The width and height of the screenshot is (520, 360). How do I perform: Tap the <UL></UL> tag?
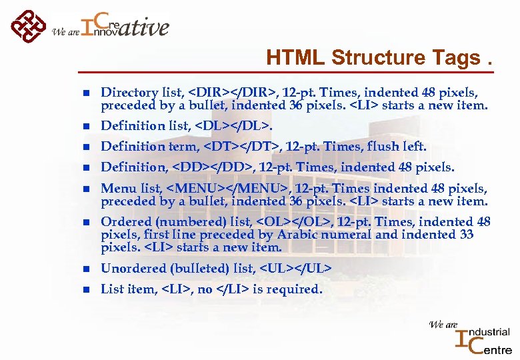[x=295, y=268]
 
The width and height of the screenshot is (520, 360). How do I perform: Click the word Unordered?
[x=130, y=268]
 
